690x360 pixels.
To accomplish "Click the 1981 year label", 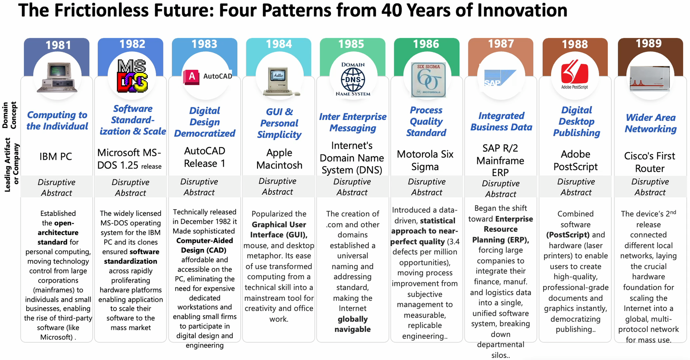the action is [x=58, y=45].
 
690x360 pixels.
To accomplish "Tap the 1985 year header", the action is [x=351, y=44].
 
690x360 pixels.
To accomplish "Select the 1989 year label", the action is [x=648, y=43].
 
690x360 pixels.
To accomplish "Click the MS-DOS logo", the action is [x=132, y=76].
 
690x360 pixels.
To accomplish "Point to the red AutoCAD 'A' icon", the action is [x=192, y=77].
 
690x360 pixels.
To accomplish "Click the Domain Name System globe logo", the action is [x=353, y=79].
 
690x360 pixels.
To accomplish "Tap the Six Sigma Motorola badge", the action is [x=428, y=80].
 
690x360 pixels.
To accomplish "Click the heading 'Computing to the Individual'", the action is [x=57, y=120].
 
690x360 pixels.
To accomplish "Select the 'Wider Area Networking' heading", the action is [x=650, y=123].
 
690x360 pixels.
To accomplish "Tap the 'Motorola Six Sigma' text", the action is [x=425, y=160].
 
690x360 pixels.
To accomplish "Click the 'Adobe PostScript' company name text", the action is [x=575, y=160].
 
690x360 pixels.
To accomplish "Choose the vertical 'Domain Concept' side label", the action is [x=9, y=115].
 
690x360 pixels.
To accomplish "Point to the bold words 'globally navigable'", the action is [x=353, y=324].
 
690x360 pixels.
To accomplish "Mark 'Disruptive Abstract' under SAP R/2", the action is [x=501, y=189].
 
